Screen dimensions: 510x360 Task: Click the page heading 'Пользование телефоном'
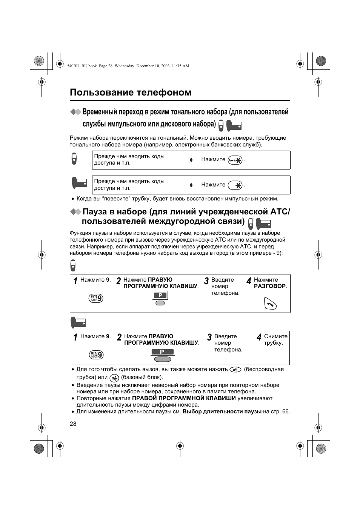point(131,92)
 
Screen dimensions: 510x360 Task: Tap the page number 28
point(73,424)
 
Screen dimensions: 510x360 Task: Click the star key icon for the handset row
point(235,160)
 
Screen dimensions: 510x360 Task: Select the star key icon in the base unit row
point(235,185)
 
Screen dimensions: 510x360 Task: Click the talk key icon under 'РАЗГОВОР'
point(270,303)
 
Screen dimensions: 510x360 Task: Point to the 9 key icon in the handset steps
point(96,298)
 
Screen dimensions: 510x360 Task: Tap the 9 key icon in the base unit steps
point(96,354)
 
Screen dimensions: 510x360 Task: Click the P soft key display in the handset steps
point(160,295)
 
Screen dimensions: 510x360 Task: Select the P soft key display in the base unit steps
point(162,352)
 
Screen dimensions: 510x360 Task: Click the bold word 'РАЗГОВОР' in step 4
point(269,286)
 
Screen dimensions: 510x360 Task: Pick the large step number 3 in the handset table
point(206,281)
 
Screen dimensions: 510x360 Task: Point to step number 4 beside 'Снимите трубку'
point(259,337)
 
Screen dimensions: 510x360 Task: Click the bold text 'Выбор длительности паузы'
point(222,411)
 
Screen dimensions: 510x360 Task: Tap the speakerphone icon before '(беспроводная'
point(235,370)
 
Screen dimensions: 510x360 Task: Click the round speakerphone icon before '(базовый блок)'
point(114,377)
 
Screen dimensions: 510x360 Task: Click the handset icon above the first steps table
point(73,265)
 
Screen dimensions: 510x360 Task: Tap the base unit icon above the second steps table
point(78,322)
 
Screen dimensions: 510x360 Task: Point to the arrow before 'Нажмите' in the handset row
point(191,160)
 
